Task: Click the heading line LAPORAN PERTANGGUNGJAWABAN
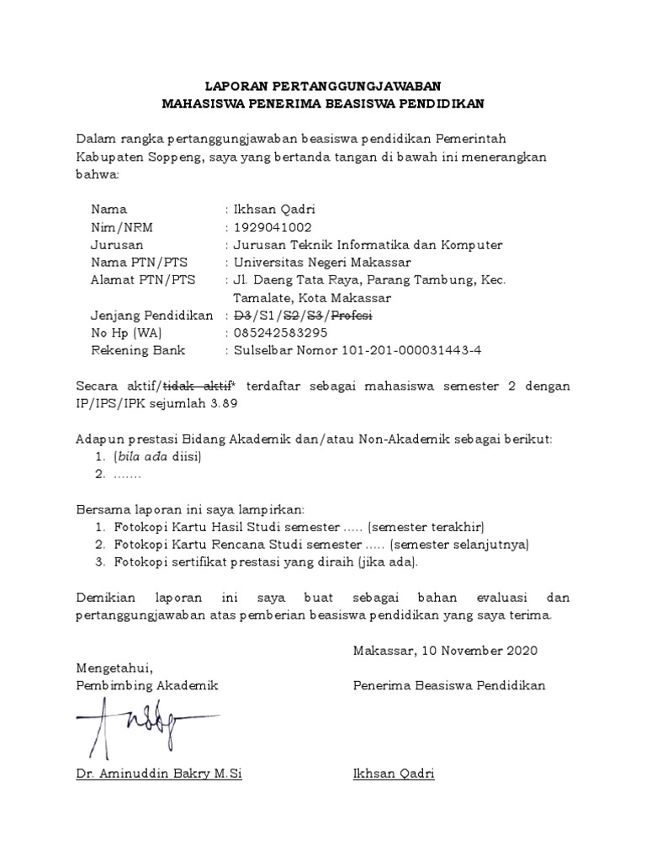tap(323, 87)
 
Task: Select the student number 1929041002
tap(273, 227)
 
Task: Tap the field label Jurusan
tap(116, 245)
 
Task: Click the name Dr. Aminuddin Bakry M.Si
tap(158, 773)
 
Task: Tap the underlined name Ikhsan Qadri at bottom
tap(394, 773)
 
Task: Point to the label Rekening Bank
tap(137, 350)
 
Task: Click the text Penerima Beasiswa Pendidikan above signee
tap(449, 685)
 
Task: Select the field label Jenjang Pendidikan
tap(151, 316)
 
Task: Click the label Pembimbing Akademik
tap(146, 685)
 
